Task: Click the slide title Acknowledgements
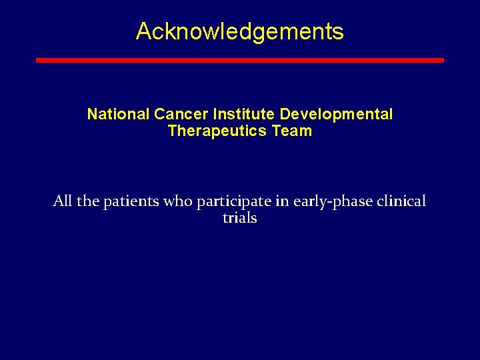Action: click(x=239, y=31)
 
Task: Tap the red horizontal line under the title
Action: click(x=239, y=60)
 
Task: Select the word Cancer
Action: click(x=172, y=115)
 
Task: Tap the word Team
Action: click(x=292, y=131)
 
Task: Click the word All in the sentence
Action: click(x=63, y=201)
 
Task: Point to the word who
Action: click(x=179, y=201)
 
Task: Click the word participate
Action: click(x=233, y=201)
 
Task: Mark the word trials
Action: click(x=239, y=218)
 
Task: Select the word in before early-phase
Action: click(x=283, y=201)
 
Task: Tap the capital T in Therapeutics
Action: click(x=173, y=131)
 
